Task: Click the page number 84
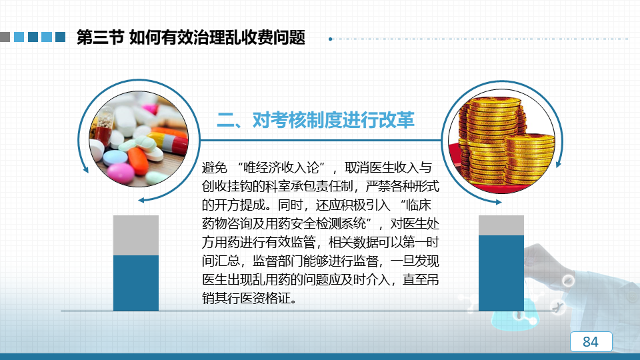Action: [591, 341]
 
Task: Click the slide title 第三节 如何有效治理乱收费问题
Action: [191, 37]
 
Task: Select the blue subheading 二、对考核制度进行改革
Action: [315, 120]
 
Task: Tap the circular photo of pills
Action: [139, 139]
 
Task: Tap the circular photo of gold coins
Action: [501, 141]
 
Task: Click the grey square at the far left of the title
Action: [5, 37]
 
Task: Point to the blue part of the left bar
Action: [136, 283]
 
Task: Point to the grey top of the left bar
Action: [136, 235]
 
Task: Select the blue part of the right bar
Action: [501, 273]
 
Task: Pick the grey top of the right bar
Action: [501, 225]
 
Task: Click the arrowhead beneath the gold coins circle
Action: [499, 202]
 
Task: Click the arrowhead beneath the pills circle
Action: [141, 200]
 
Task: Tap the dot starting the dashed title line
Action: [331, 39]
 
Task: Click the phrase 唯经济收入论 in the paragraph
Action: [281, 167]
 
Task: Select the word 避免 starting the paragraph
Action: [214, 167]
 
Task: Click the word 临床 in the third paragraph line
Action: [419, 205]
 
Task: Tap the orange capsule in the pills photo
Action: [138, 161]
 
